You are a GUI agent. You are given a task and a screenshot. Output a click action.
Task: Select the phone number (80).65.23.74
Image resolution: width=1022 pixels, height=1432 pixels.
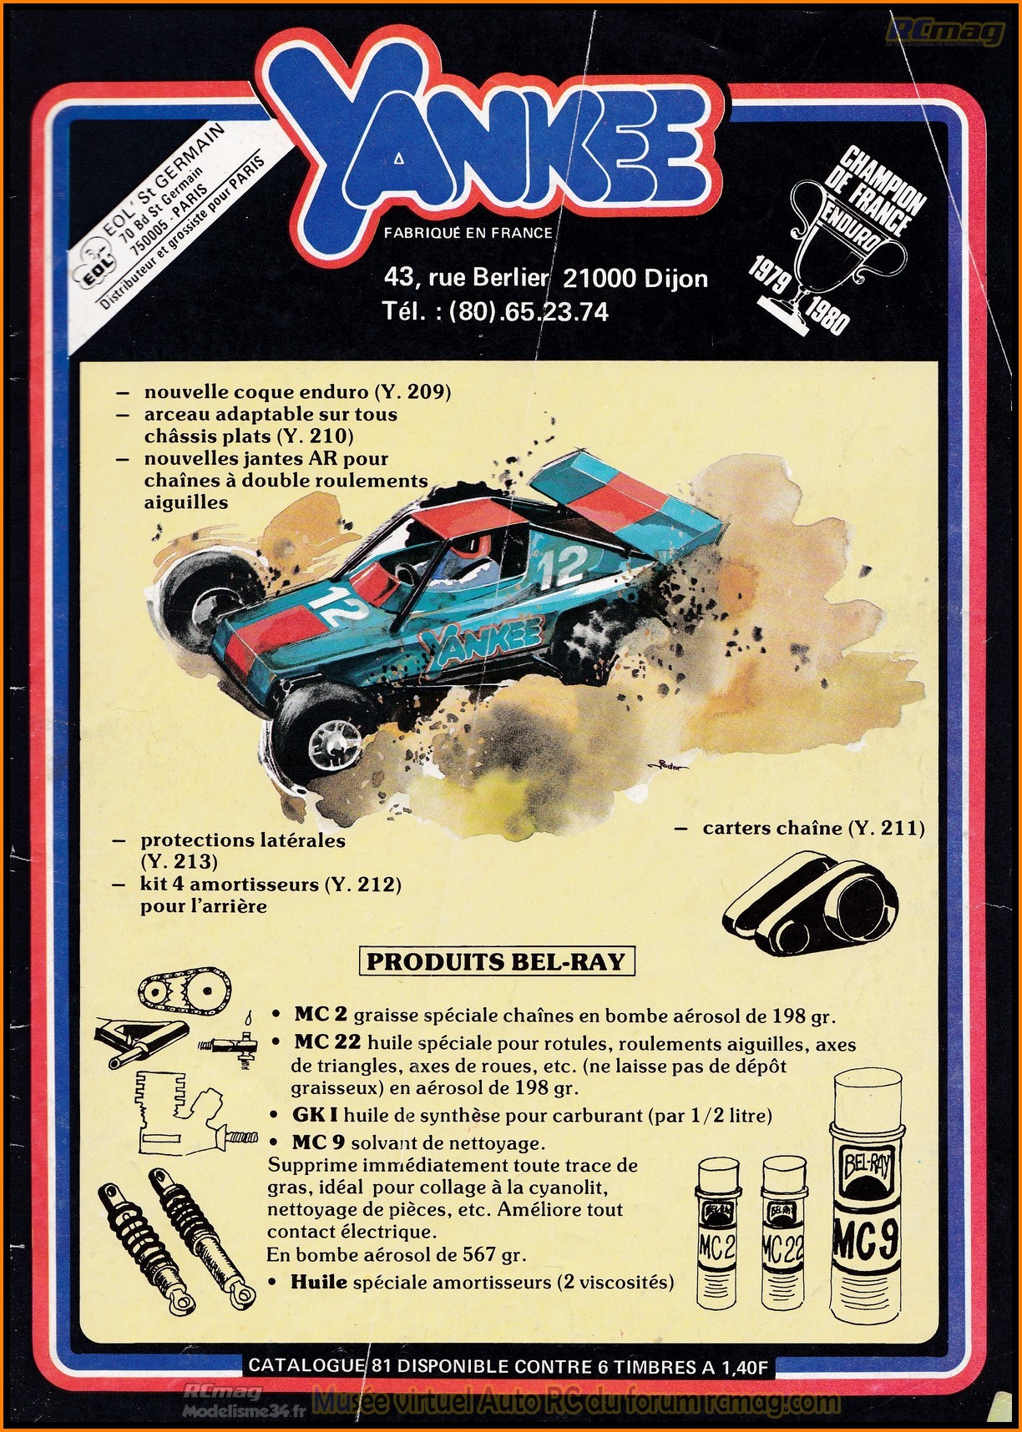tap(529, 311)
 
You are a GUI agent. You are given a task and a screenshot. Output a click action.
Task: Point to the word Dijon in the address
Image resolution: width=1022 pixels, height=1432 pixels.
tap(675, 278)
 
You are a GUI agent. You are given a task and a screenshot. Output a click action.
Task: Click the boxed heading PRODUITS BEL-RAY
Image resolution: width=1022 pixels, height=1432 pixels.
tap(496, 961)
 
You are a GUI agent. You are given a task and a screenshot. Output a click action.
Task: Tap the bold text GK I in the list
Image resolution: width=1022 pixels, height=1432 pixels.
tap(315, 1116)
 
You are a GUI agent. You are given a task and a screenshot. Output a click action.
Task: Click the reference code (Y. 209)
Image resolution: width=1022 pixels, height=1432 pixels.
tap(412, 391)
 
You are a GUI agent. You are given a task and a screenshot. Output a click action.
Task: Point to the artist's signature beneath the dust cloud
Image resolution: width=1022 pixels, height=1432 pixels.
tap(664, 766)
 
